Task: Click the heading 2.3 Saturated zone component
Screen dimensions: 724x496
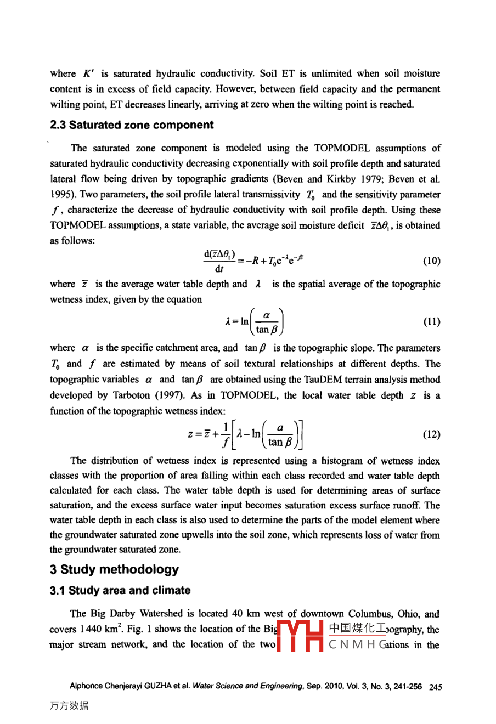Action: click(132, 125)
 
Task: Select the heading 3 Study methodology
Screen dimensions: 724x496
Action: click(114, 569)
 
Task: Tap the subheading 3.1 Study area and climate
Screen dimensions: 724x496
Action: click(120, 591)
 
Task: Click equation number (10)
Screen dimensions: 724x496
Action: click(431, 261)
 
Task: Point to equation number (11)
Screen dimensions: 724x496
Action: click(431, 321)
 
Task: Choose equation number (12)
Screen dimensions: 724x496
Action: click(431, 434)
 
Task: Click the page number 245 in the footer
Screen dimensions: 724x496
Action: click(436, 686)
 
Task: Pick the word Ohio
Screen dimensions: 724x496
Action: click(409, 614)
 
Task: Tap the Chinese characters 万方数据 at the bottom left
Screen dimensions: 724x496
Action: click(69, 706)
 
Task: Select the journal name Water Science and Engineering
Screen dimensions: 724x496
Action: click(247, 686)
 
